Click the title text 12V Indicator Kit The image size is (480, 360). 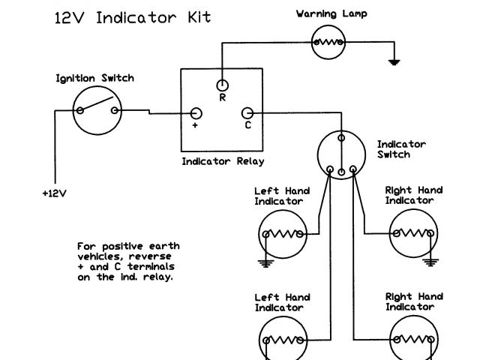132,17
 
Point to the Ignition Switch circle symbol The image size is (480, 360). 97,110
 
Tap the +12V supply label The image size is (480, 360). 54,193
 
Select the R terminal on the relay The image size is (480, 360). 223,85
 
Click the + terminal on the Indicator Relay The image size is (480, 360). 196,113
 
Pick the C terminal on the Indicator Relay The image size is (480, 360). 247,113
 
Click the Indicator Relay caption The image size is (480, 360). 223,160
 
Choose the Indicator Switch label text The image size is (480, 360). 401,148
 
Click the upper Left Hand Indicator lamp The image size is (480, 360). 283,233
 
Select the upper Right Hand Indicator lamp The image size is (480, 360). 412,233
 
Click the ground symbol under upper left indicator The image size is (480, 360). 264,262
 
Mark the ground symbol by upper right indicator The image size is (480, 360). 430,262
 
